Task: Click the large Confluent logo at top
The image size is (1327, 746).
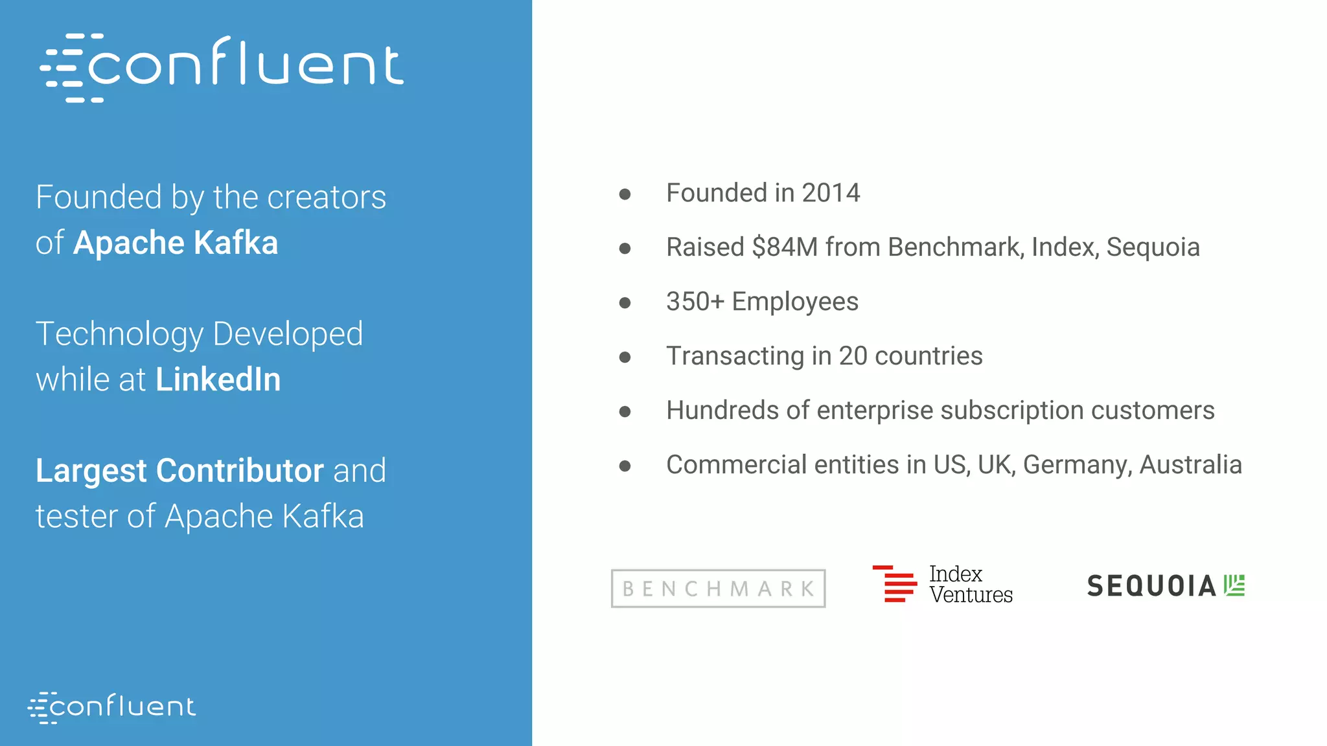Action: tap(222, 67)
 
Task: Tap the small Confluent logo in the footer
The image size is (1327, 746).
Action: tap(111, 706)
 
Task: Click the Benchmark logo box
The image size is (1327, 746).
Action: tap(718, 589)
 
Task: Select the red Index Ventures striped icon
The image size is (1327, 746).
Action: tap(895, 583)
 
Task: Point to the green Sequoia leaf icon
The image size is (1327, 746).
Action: tap(1234, 585)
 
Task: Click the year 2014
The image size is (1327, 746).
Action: tap(831, 193)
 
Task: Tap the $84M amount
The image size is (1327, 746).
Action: tap(785, 247)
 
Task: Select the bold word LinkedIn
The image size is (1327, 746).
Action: tap(218, 379)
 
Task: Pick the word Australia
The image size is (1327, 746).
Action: tap(1191, 465)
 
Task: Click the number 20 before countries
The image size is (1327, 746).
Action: tap(853, 356)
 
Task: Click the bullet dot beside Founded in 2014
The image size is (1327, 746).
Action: tap(625, 194)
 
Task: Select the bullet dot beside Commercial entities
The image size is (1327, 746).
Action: tap(625, 466)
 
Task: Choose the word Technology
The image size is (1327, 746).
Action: tap(120, 335)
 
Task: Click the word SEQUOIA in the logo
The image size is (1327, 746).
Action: tap(1151, 586)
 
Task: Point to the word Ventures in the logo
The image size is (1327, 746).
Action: tap(971, 594)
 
